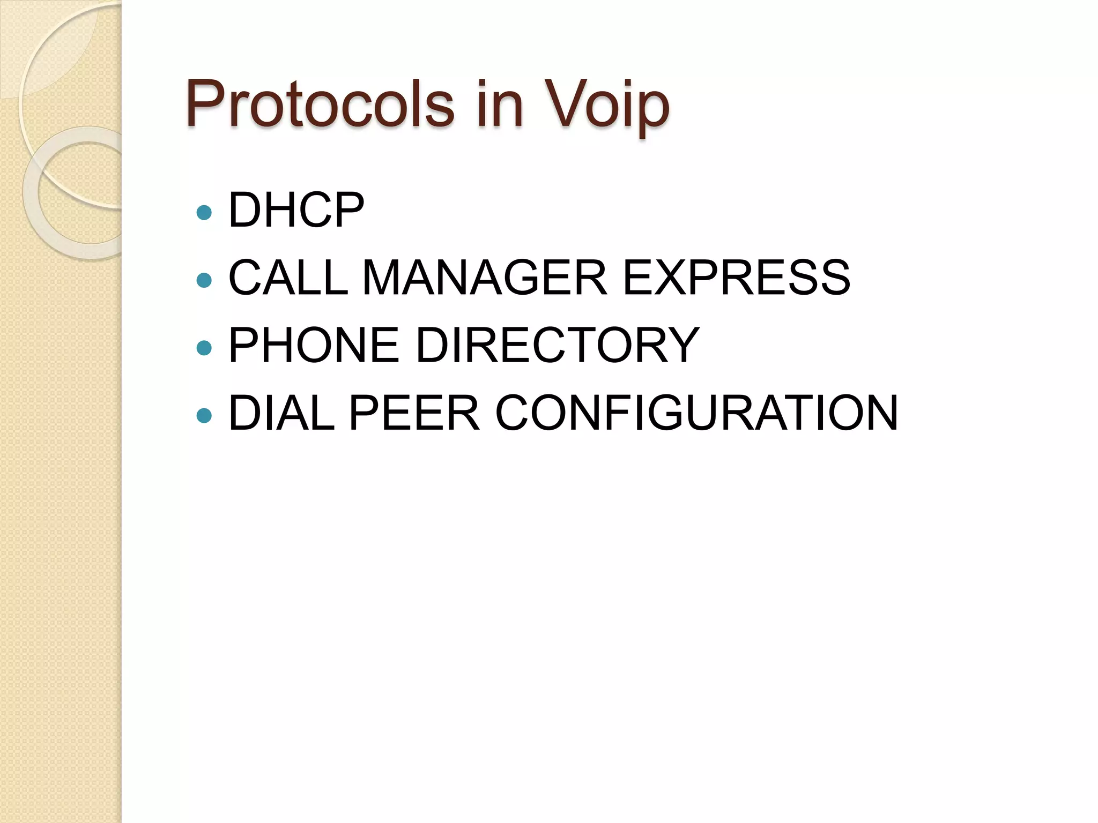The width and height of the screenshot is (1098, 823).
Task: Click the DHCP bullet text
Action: click(x=296, y=210)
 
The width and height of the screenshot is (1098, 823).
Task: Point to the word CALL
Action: click(x=288, y=278)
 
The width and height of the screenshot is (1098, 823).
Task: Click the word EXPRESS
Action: click(x=736, y=278)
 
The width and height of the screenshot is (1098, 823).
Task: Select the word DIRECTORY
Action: click(x=558, y=346)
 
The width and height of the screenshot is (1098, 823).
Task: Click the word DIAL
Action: click(x=281, y=413)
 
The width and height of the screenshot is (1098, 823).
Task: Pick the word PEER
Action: click(x=414, y=413)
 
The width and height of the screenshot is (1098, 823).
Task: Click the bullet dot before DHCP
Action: click(x=204, y=213)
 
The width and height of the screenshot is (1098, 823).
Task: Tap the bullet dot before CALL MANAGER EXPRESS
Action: click(x=204, y=280)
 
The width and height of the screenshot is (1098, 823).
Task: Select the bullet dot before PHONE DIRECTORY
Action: click(x=204, y=348)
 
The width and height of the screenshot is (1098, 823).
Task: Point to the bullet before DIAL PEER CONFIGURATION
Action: click(x=204, y=415)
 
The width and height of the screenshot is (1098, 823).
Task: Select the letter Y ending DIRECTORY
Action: click(x=680, y=346)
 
